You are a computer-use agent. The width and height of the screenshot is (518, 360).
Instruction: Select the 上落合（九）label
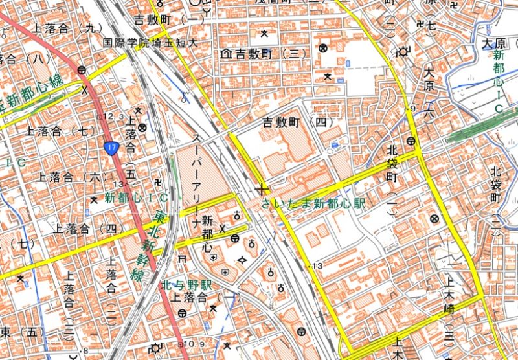click(x=67, y=28)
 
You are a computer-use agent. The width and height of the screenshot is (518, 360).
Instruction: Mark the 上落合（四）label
click(x=87, y=228)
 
